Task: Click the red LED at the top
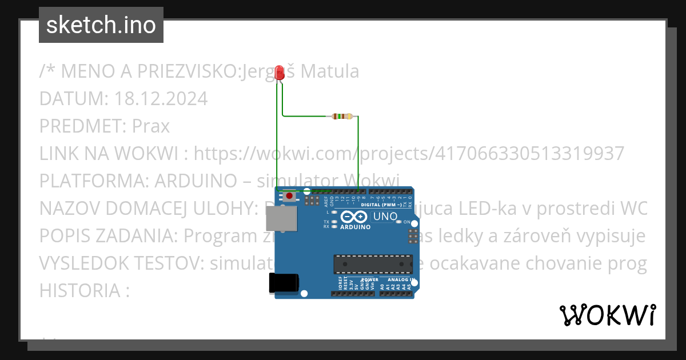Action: click(x=280, y=73)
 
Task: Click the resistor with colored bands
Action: click(x=342, y=117)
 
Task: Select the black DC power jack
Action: click(x=284, y=283)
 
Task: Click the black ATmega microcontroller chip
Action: click(x=373, y=264)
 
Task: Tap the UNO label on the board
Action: click(x=385, y=217)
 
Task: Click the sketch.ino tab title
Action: click(x=101, y=25)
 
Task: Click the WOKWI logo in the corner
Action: click(x=607, y=315)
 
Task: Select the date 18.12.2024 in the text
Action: click(x=161, y=99)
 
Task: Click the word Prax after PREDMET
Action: click(x=151, y=126)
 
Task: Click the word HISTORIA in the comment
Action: click(x=79, y=290)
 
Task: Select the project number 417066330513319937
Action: click(x=529, y=153)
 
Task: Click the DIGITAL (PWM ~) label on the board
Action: click(x=381, y=205)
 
